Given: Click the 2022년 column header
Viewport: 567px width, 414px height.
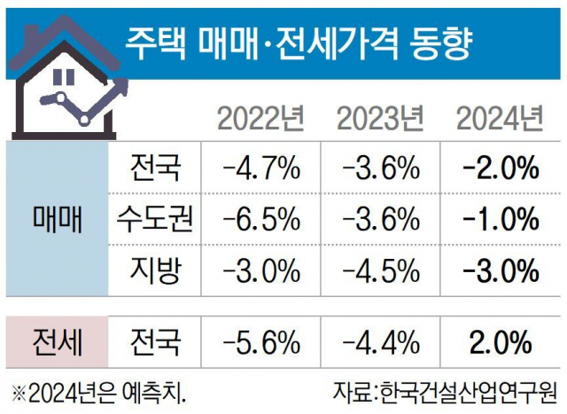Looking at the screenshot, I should [x=262, y=117].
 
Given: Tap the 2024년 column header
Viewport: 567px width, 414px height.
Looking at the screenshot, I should [x=499, y=117].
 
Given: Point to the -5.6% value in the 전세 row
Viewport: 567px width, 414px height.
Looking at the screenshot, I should [x=262, y=341].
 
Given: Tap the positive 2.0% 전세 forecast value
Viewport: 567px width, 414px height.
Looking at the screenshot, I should [x=501, y=341].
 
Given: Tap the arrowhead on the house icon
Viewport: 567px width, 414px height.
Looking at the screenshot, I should [x=122, y=85].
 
